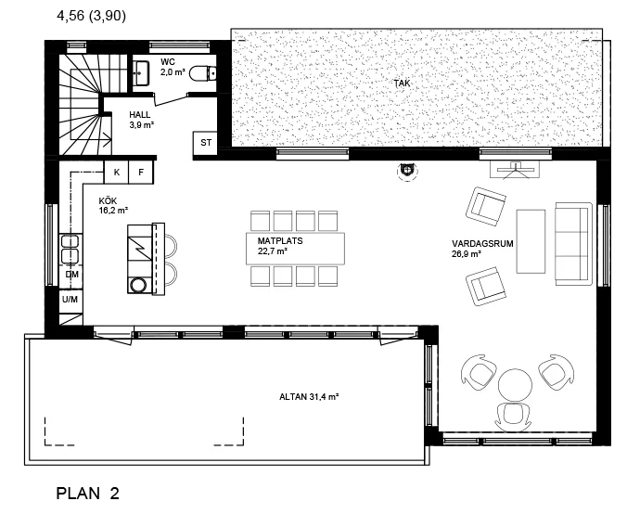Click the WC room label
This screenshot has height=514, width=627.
(x=168, y=62)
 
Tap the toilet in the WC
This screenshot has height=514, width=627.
(x=203, y=73)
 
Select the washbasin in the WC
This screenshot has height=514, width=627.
(x=141, y=73)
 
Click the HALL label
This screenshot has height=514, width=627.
(x=140, y=115)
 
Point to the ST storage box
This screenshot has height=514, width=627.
(x=205, y=143)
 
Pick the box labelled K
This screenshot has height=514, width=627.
(x=116, y=173)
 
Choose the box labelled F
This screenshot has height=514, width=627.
(x=141, y=173)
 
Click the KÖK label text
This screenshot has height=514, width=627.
(x=108, y=200)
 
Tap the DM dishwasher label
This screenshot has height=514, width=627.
(x=72, y=275)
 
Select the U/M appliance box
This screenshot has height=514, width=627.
(x=70, y=299)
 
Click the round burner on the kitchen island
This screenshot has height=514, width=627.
(x=139, y=285)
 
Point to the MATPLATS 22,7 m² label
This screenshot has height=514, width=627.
(x=280, y=246)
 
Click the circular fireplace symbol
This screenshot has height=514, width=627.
(x=407, y=172)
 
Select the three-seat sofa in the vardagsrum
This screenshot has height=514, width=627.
(x=573, y=244)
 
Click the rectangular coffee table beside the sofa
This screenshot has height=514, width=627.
(x=531, y=241)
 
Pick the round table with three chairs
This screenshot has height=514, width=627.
(x=515, y=385)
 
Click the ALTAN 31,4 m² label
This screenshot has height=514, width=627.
(x=309, y=397)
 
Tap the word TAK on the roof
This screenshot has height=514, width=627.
(x=402, y=84)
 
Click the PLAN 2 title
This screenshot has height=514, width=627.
(x=87, y=494)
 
